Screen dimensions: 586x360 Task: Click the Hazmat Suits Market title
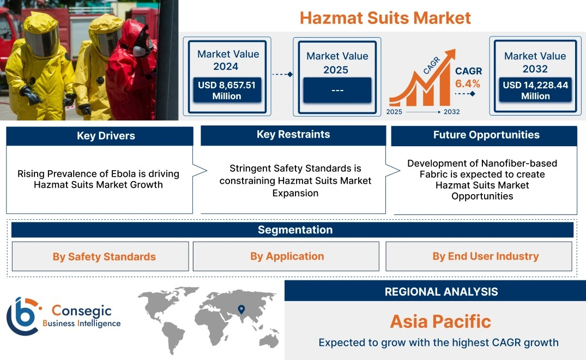click(x=385, y=18)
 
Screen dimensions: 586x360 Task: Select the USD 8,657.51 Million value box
click(x=227, y=90)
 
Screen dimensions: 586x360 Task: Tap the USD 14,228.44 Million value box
click(x=535, y=90)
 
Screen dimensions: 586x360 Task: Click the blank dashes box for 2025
click(x=337, y=90)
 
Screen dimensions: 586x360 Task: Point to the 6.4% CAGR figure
click(x=468, y=83)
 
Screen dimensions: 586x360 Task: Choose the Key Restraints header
click(x=293, y=135)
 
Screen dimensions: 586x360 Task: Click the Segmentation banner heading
click(x=295, y=230)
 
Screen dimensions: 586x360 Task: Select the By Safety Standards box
click(x=100, y=256)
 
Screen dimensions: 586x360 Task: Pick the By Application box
click(x=286, y=256)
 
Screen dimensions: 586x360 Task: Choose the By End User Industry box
click(x=479, y=256)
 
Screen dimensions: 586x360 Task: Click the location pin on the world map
click(x=241, y=309)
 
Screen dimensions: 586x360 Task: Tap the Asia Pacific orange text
click(x=440, y=321)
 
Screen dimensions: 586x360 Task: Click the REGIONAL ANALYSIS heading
click(x=442, y=292)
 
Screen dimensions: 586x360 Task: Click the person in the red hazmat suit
click(x=131, y=71)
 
